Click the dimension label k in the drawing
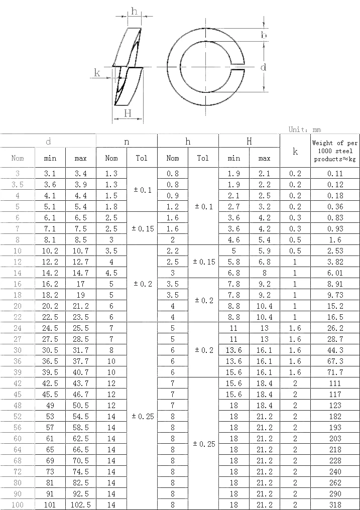[97, 73]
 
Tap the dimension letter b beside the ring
[263, 34]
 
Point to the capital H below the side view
[128, 113]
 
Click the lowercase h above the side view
[134, 11]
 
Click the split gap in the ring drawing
[238, 66]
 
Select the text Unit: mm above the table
[304, 129]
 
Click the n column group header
[127, 142]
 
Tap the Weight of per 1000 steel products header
[335, 151]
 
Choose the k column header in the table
[295, 151]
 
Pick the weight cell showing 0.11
[335, 174]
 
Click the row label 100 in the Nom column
[18, 505]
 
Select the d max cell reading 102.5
[80, 505]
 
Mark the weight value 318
[335, 505]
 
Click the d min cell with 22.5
[50, 317]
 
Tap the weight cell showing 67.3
[335, 361]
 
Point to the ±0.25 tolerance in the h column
[203, 444]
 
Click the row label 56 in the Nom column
[18, 428]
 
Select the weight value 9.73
[335, 295]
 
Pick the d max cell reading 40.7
[80, 372]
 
